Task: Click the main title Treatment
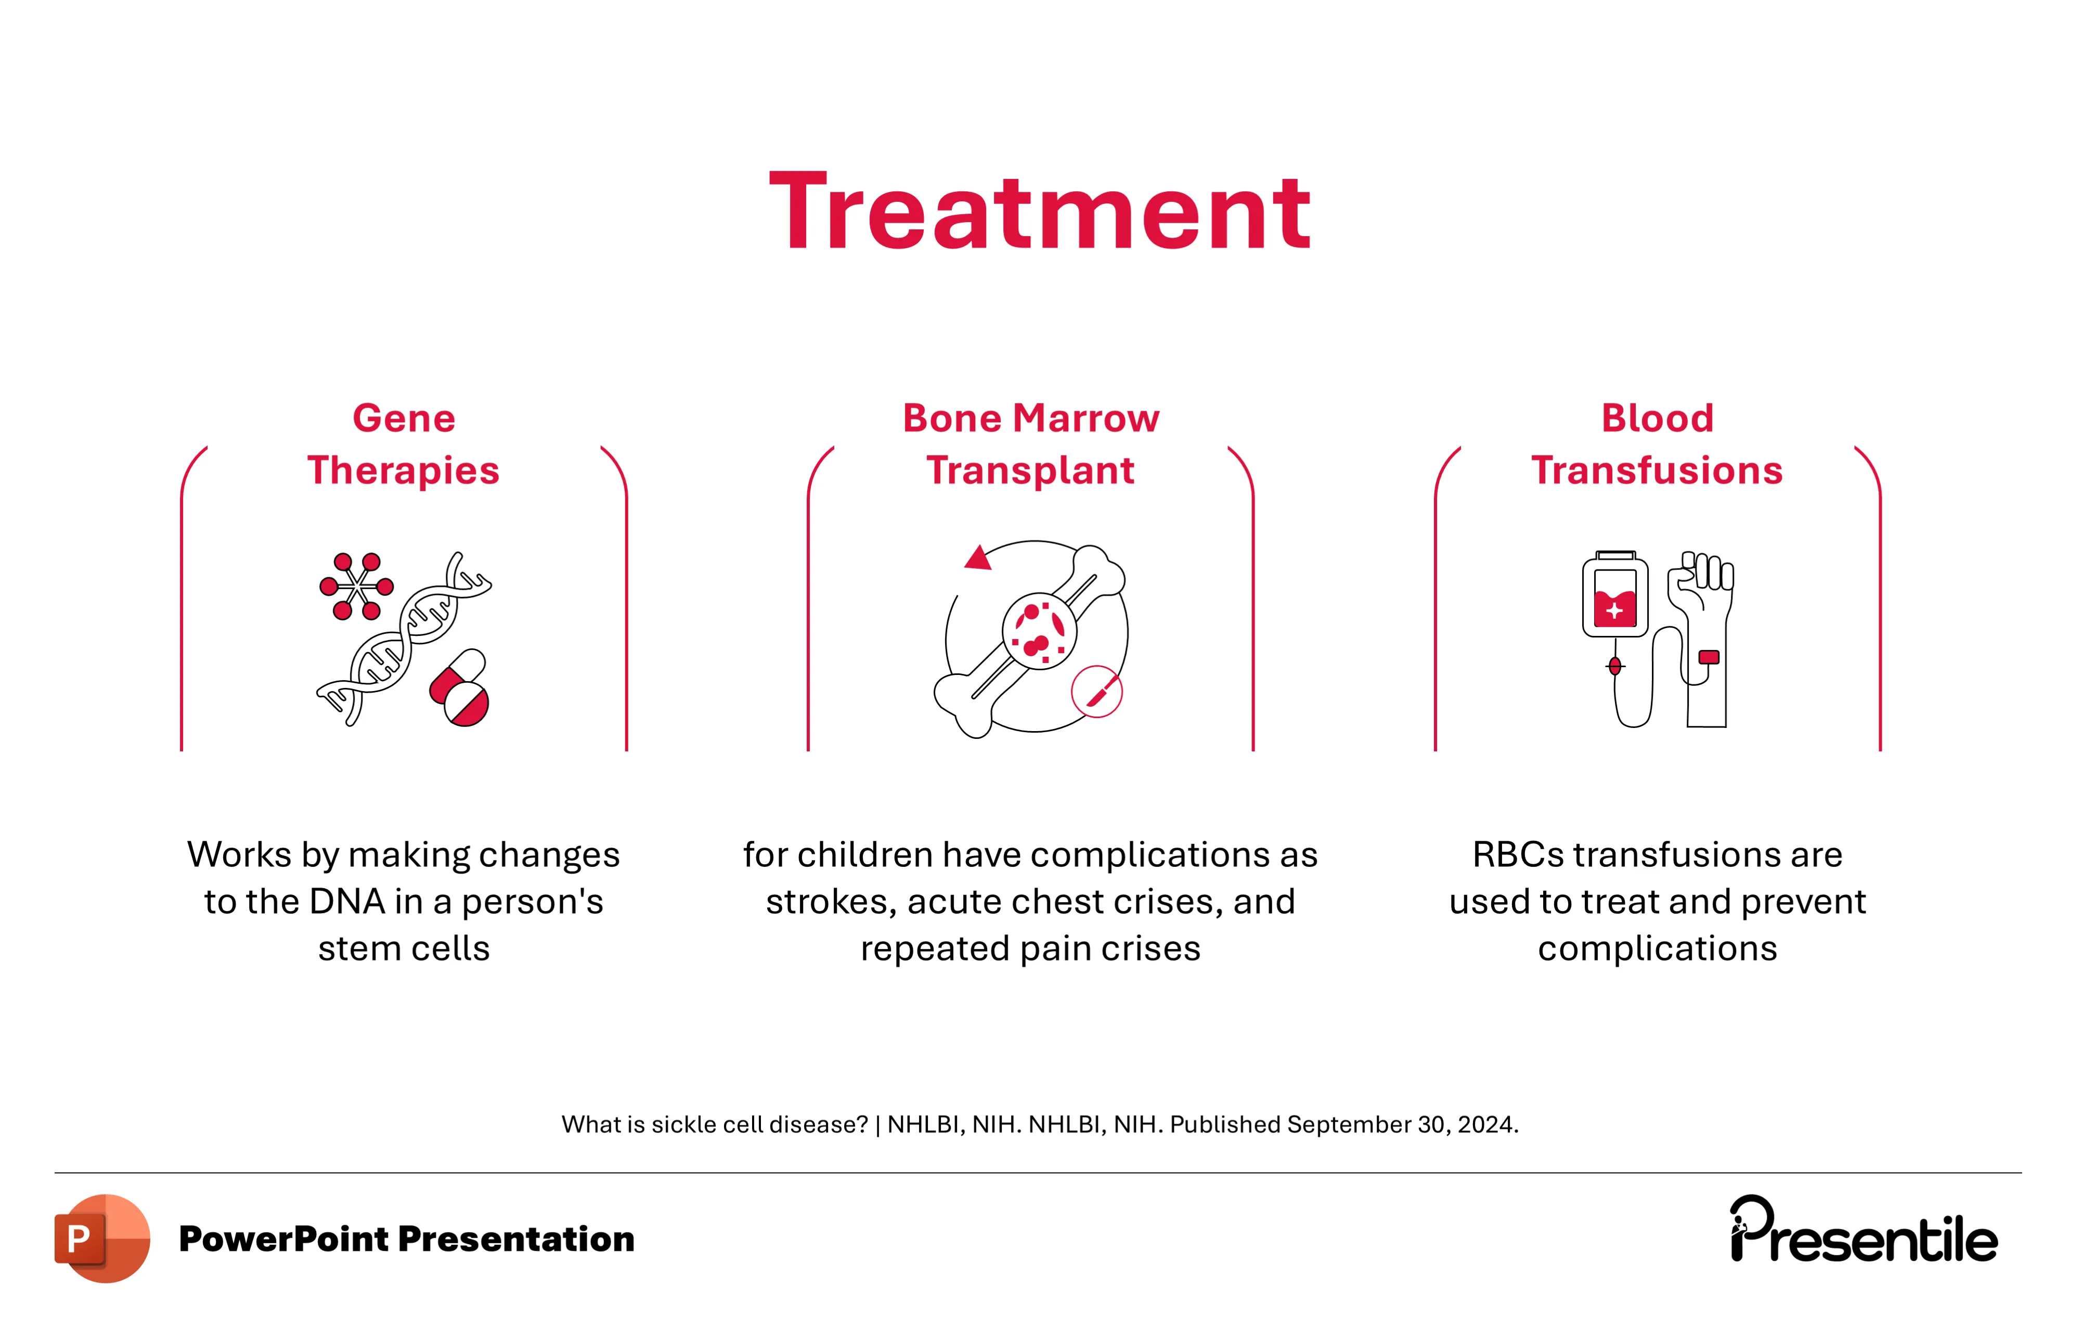click(x=1040, y=212)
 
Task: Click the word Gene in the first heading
click(x=404, y=419)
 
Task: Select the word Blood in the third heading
click(x=1658, y=419)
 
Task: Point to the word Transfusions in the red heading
click(x=1658, y=470)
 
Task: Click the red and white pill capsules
click(x=460, y=687)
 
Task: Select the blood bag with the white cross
click(x=1615, y=595)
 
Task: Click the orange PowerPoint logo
click(x=102, y=1238)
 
